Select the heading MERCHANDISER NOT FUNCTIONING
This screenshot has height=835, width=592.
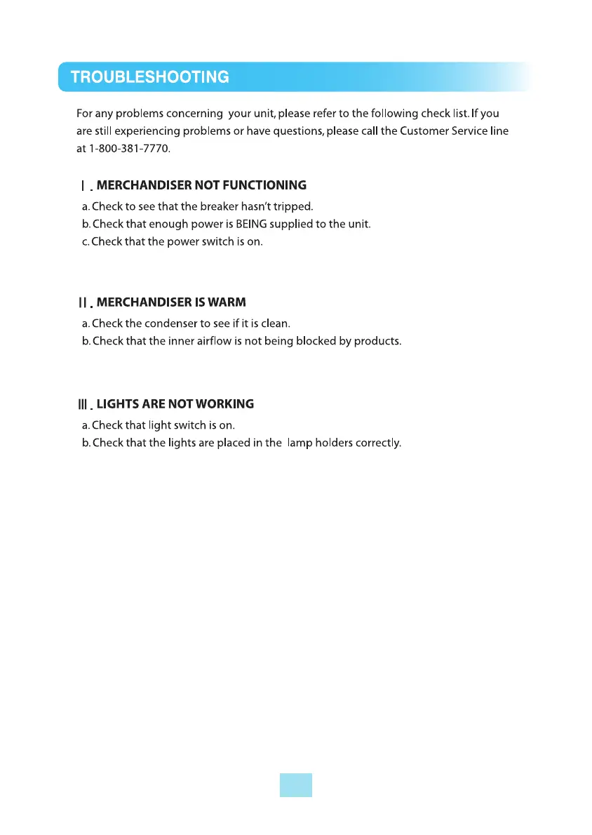201,186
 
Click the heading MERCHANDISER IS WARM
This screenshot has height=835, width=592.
171,302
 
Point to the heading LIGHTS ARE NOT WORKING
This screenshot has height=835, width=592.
175,404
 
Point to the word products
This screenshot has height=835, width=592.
379,342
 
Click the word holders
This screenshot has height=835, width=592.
333,443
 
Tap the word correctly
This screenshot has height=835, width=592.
378,443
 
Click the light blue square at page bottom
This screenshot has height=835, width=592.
295,785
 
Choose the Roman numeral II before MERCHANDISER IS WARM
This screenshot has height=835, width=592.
82,303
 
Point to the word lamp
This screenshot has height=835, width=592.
299,443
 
